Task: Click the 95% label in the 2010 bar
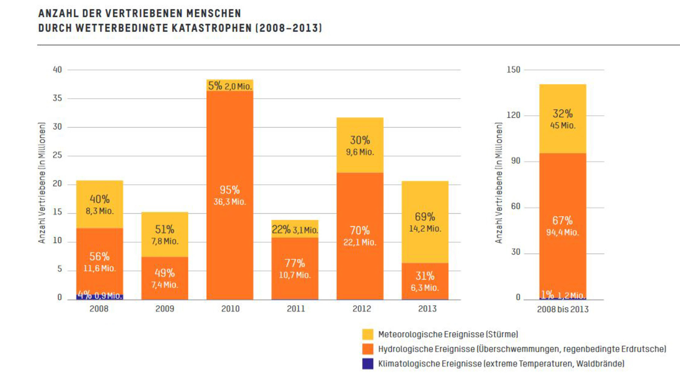point(230,190)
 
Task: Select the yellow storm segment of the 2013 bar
point(425,201)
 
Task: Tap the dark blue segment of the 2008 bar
point(100,297)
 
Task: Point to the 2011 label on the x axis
point(296,309)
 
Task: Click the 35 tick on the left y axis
point(57,98)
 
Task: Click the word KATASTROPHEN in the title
point(212,28)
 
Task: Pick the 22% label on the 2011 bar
point(281,230)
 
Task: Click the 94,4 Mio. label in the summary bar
point(562,232)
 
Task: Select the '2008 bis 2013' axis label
point(563,309)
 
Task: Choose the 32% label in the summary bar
point(563,114)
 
